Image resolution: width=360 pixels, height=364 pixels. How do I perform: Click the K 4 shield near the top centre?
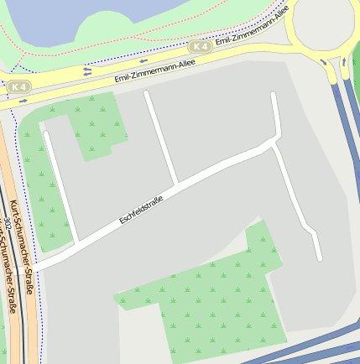pos(199,47)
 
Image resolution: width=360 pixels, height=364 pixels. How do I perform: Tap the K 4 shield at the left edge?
pos(18,86)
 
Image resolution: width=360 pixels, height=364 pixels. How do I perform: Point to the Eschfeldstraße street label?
pos(141,209)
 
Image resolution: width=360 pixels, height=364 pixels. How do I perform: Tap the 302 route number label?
pos(8,225)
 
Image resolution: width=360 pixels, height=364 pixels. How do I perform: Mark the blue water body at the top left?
pos(67,18)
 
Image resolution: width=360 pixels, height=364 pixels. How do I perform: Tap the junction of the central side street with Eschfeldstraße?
pos(176,182)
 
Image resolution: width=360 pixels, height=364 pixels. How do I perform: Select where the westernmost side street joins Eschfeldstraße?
pos(76,243)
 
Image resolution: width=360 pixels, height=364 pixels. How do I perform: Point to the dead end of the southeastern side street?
pos(319,257)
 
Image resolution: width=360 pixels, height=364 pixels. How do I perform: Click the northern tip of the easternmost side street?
pos(274,96)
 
